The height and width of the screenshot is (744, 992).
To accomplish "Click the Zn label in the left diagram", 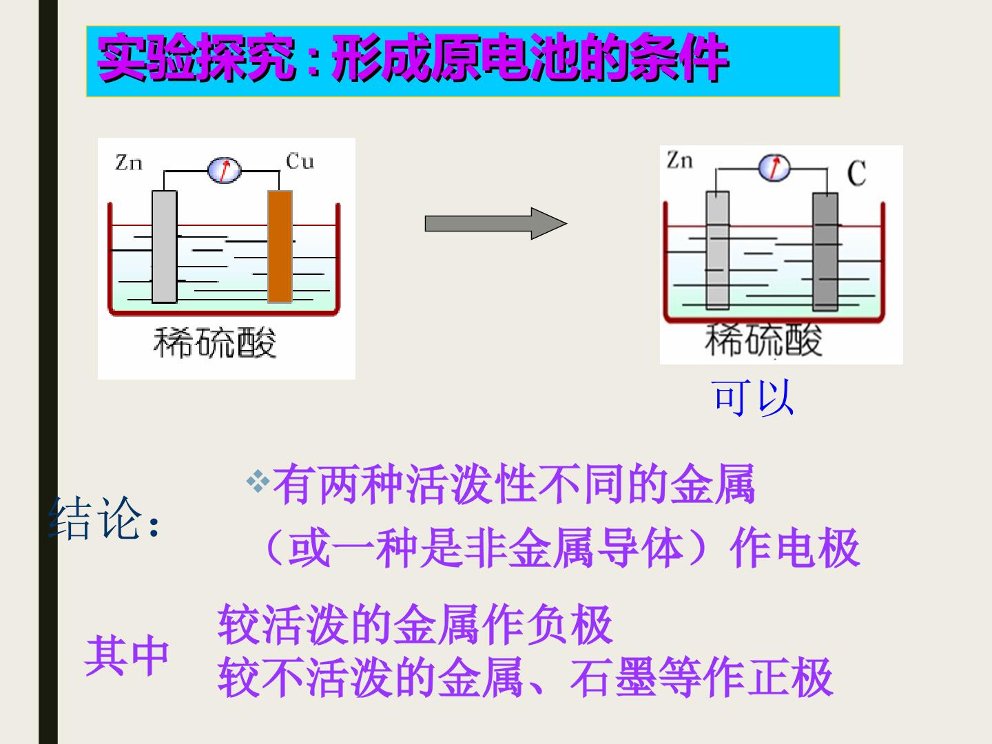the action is click(x=129, y=163).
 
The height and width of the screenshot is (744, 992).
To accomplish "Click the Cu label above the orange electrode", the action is click(x=300, y=161).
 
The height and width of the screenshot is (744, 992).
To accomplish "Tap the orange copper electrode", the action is click(x=280, y=246).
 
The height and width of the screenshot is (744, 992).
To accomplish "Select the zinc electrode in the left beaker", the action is click(x=164, y=247).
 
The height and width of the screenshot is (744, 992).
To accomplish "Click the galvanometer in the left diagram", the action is click(x=224, y=170).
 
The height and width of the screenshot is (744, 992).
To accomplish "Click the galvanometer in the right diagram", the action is click(x=774, y=168).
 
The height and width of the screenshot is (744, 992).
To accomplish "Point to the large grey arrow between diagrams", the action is click(x=496, y=224).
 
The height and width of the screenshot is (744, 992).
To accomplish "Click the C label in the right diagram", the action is click(x=856, y=173).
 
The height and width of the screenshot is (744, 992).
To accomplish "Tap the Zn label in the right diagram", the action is click(x=679, y=161).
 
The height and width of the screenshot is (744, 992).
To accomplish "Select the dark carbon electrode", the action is click(x=825, y=251).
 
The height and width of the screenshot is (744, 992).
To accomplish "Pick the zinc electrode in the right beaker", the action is click(x=718, y=250).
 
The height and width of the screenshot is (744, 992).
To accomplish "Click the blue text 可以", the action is click(x=752, y=397).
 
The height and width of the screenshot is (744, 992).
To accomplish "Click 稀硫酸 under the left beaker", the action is click(x=215, y=342).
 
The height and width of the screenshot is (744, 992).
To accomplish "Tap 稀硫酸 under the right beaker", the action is click(x=763, y=340).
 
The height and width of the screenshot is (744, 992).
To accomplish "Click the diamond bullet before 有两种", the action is click(x=258, y=482).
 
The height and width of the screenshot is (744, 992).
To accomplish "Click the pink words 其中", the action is click(x=127, y=655).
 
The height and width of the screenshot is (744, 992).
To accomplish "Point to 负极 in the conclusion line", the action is click(x=569, y=626).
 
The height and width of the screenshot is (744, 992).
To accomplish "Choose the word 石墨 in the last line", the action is click(x=612, y=677).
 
